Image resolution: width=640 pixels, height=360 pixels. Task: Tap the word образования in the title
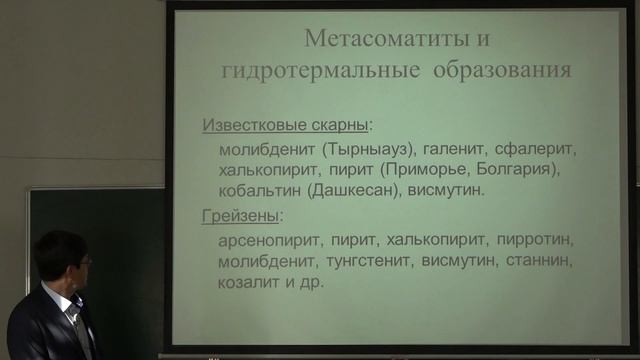pyautogui.click(x=505, y=71)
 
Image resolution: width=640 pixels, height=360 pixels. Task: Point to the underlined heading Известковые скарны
pyautogui.click(x=285, y=126)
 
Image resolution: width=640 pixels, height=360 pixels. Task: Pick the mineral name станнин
pyautogui.click(x=541, y=261)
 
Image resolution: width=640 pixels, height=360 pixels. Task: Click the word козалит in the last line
pyautogui.click(x=249, y=282)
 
